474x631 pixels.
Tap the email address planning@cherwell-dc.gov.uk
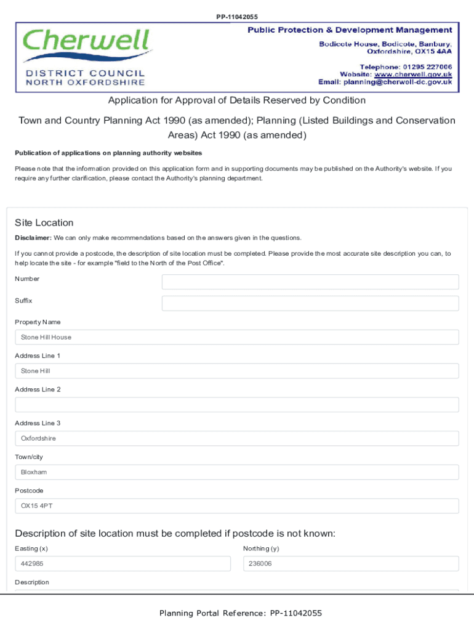coord(398,82)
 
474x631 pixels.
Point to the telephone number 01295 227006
coord(428,67)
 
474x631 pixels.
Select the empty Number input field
coord(310,282)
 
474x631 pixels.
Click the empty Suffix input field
coord(310,303)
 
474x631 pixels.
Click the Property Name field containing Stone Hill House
coord(236,337)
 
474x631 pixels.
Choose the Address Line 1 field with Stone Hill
coord(236,371)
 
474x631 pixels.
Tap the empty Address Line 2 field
coord(236,405)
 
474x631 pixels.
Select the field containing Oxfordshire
coord(236,439)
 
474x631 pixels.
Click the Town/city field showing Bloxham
coord(236,473)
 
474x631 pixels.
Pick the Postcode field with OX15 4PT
coord(236,506)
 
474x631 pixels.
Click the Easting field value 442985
coord(123,564)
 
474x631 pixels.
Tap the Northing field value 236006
coord(351,564)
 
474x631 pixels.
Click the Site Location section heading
coord(44,223)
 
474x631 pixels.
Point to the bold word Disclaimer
coord(33,238)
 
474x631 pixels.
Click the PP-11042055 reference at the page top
coord(236,17)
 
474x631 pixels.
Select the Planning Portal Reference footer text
coord(240,613)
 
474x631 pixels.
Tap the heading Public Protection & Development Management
coord(350,30)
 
